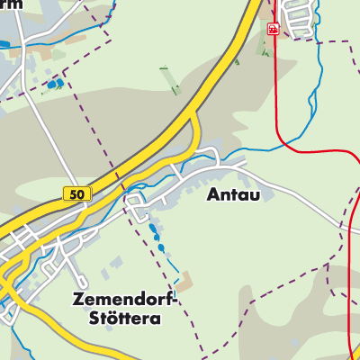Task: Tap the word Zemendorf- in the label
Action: pos(127,301)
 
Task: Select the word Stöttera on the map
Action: pos(126,319)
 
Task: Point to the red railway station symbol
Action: pos(273,29)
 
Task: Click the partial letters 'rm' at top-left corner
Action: pos(11,4)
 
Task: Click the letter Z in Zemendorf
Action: pos(77,301)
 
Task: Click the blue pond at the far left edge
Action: pos(5,42)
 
